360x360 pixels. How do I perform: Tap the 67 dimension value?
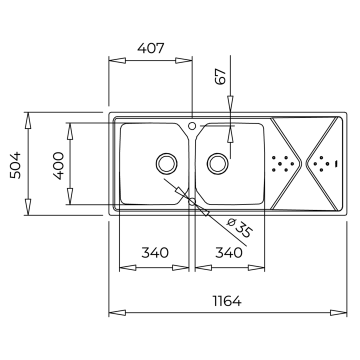click(222, 76)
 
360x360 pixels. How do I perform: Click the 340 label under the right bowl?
click(229, 253)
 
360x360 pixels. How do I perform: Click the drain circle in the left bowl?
click(165, 163)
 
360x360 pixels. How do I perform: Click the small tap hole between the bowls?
click(192, 126)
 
